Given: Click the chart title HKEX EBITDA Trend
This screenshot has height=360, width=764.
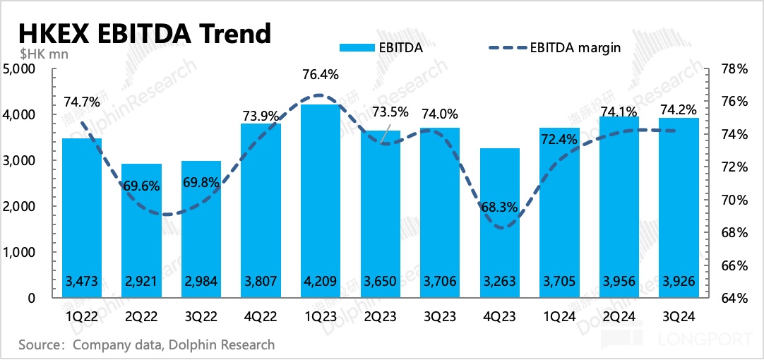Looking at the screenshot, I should click(144, 33).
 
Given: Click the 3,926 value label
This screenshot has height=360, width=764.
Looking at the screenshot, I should click(678, 281).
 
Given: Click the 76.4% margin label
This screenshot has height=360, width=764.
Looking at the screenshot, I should click(321, 74).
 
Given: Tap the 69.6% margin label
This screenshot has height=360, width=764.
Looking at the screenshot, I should click(142, 188).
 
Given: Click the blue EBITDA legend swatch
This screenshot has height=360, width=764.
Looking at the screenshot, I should click(357, 48).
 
